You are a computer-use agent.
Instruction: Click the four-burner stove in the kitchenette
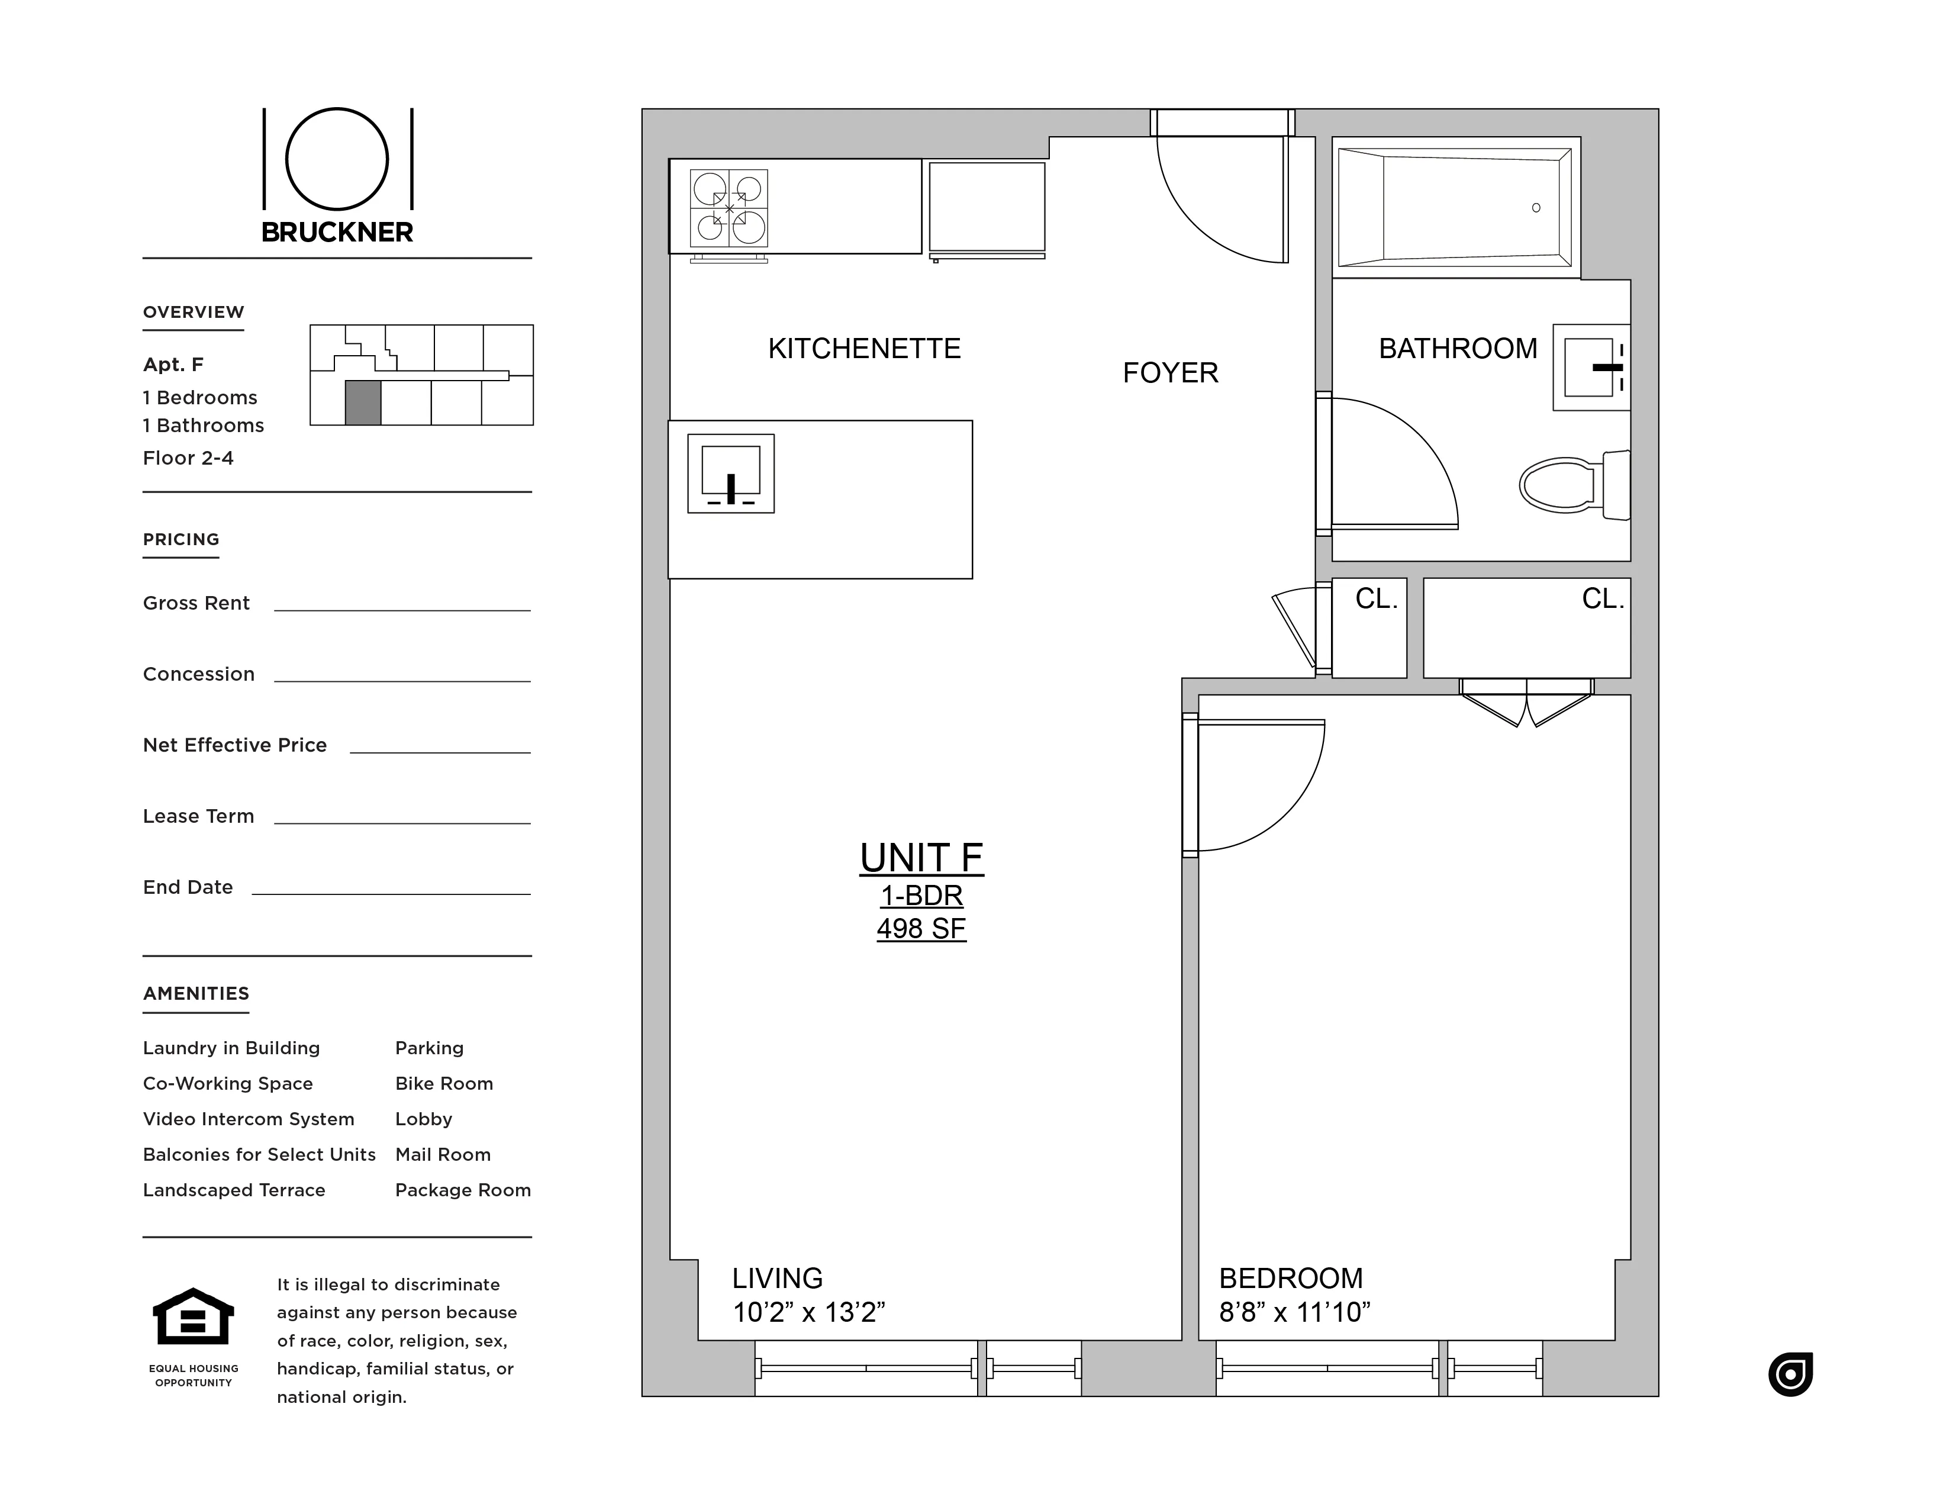tap(729, 210)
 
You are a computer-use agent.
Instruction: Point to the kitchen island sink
tap(730, 473)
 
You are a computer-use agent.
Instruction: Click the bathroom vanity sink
tap(1591, 368)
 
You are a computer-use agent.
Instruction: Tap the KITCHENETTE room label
tap(864, 348)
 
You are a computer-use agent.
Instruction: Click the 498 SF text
tap(921, 929)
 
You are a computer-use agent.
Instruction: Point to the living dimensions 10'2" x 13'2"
tap(808, 1312)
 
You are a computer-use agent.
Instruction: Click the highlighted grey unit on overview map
tap(363, 403)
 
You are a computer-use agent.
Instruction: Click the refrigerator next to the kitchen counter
tap(987, 208)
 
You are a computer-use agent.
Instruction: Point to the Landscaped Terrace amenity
tap(234, 1190)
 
